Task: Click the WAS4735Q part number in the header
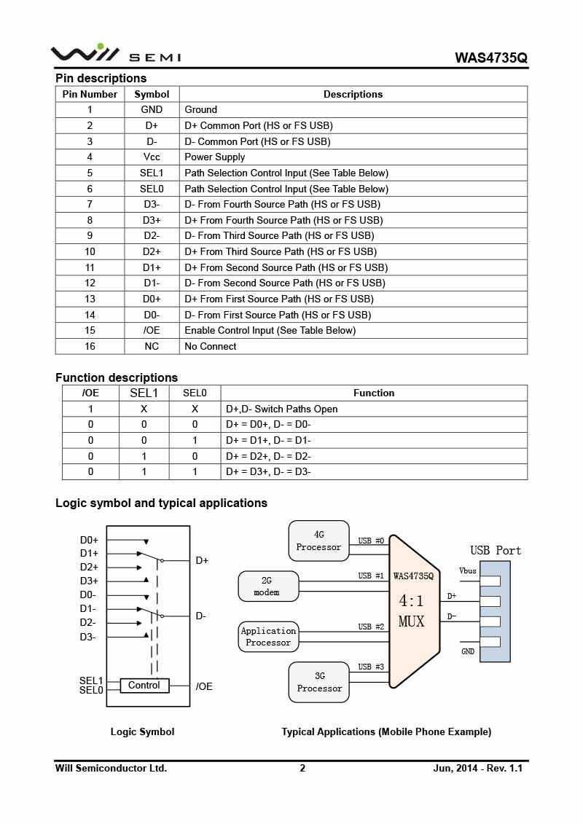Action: [490, 57]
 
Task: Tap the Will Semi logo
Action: [115, 54]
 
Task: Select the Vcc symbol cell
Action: [152, 157]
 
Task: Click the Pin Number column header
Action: [90, 94]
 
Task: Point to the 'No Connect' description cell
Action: [211, 346]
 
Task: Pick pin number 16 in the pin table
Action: [90, 346]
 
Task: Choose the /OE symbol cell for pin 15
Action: [152, 330]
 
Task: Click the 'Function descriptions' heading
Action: [117, 377]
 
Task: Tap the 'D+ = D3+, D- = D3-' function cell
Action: [268, 471]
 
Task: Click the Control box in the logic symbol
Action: [144, 686]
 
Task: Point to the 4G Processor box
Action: [318, 541]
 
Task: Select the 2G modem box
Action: [267, 586]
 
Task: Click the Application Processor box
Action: [268, 637]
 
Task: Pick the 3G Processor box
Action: [318, 682]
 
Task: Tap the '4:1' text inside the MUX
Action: [412, 601]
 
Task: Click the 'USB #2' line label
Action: [370, 627]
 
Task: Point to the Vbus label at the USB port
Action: [468, 570]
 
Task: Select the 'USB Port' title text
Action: [496, 551]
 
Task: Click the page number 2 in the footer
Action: [302, 768]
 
